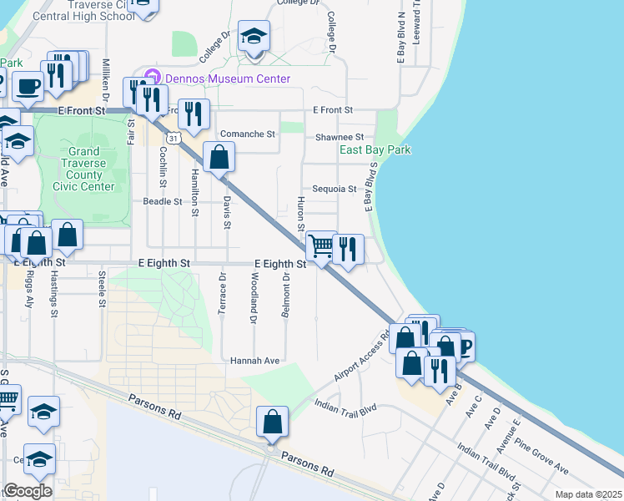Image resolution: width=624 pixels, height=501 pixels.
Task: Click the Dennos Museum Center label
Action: [x=228, y=79]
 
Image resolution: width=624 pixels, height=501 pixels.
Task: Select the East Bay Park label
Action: [x=375, y=150]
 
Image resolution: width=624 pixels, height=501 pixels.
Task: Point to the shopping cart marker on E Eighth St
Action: [x=321, y=245]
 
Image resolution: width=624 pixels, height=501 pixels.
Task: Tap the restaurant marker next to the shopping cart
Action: [x=348, y=248]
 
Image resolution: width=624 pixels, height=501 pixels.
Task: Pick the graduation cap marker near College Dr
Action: [x=254, y=37]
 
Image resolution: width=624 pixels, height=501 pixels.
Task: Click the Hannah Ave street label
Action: [x=254, y=360]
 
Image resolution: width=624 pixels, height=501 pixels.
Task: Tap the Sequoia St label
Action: [x=334, y=190]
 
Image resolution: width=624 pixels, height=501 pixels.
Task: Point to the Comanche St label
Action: [x=247, y=134]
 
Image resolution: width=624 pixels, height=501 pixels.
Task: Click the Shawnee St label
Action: [x=340, y=137]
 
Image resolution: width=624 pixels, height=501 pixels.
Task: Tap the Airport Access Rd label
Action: [x=362, y=360]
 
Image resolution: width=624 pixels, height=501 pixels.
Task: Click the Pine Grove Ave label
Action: [x=541, y=454]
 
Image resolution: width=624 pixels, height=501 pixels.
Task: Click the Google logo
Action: [x=28, y=491]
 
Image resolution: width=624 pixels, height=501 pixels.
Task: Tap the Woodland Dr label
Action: [x=254, y=296]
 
